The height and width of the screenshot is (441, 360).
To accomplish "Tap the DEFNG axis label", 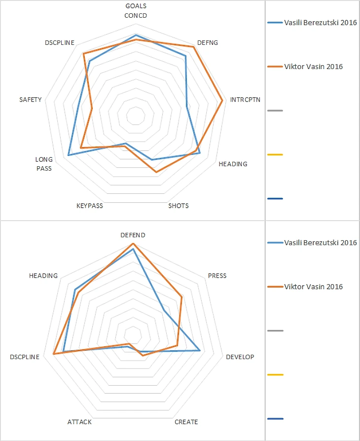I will point(207,43).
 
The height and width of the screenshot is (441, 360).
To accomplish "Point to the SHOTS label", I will point(179,206).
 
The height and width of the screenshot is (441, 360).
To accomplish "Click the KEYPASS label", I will point(90,206).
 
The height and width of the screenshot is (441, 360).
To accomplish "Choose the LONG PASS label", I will point(43,164).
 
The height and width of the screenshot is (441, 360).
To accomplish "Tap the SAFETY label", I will point(31,100).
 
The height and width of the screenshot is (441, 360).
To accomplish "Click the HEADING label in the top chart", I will point(233,164).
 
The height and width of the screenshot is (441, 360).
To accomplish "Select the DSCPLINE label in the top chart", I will point(59,43).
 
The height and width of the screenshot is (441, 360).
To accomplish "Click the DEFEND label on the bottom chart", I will point(133,235).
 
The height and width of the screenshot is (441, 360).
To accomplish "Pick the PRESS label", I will point(217,276).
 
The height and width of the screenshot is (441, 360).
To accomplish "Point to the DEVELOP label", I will point(240,357).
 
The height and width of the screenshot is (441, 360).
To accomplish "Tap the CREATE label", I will point(186,422).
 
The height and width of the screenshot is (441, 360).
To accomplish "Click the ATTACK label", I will point(79,422).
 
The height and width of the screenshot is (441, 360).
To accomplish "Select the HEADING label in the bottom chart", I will point(43,276).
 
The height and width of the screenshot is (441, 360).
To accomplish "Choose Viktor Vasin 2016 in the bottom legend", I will point(313,287).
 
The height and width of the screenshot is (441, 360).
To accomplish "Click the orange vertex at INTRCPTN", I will point(223,101).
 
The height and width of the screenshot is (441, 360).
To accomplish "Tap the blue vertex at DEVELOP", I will point(200,351).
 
